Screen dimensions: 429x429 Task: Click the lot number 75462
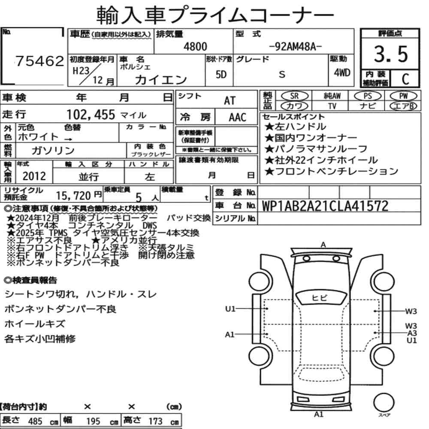point(39,61)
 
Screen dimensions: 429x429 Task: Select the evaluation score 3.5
point(391,54)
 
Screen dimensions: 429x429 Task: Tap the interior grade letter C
point(405,79)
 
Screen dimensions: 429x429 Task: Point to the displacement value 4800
point(195,46)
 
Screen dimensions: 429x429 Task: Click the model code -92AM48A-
point(296,47)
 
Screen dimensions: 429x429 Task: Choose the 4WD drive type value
point(342,73)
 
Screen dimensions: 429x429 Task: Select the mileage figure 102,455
point(91,115)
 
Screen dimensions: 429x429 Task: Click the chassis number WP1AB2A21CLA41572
point(325,206)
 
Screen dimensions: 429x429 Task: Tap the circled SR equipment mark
point(295,96)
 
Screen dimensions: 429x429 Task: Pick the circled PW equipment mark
point(403,96)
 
